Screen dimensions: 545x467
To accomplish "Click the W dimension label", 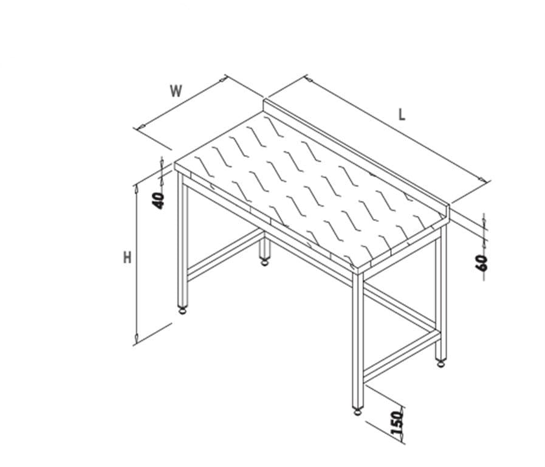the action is tap(176, 91).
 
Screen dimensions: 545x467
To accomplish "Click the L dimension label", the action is tap(402, 114).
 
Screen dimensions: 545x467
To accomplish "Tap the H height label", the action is tap(127, 258).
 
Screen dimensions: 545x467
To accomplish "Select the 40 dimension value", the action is tap(159, 200).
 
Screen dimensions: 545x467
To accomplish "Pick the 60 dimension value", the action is tap(482, 263).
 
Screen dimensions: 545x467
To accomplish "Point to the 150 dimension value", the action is tap(398, 423).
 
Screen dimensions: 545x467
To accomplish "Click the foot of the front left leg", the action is tap(183, 310).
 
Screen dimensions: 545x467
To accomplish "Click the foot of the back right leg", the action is tap(440, 363).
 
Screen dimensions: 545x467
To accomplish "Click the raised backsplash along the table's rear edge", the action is tap(356, 159).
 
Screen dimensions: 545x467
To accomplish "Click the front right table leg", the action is tap(358, 339).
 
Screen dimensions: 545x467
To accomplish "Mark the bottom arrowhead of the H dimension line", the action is tap(136, 337).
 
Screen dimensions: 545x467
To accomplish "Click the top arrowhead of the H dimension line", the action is tap(136, 189).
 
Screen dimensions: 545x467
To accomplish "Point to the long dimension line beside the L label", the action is tap(397, 128).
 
